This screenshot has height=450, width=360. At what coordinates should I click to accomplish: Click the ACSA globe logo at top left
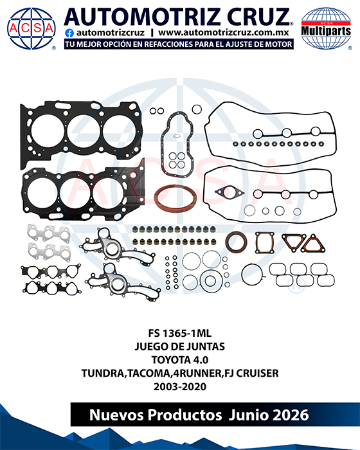pyautogui.click(x=32, y=28)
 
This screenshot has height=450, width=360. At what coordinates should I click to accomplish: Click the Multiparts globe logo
pyautogui.click(x=326, y=28)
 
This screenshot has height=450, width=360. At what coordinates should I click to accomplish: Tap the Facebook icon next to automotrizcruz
pyautogui.click(x=69, y=33)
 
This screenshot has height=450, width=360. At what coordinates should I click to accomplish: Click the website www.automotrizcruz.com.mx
pyautogui.click(x=223, y=33)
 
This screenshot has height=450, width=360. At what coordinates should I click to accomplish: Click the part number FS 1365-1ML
pyautogui.click(x=180, y=333)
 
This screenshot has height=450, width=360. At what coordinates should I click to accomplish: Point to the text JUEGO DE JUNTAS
pyautogui.click(x=180, y=346)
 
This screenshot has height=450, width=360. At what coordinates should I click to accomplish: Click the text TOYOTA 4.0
pyautogui.click(x=180, y=359)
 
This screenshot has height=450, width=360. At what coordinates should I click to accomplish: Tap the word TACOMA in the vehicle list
pyautogui.click(x=148, y=373)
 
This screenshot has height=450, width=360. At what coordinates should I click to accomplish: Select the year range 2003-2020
pyautogui.click(x=180, y=386)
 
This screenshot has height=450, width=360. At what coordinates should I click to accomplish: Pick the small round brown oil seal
pyautogui.click(x=236, y=241)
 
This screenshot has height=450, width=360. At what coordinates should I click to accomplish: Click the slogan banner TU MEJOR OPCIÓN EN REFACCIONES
pyautogui.click(x=179, y=44)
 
